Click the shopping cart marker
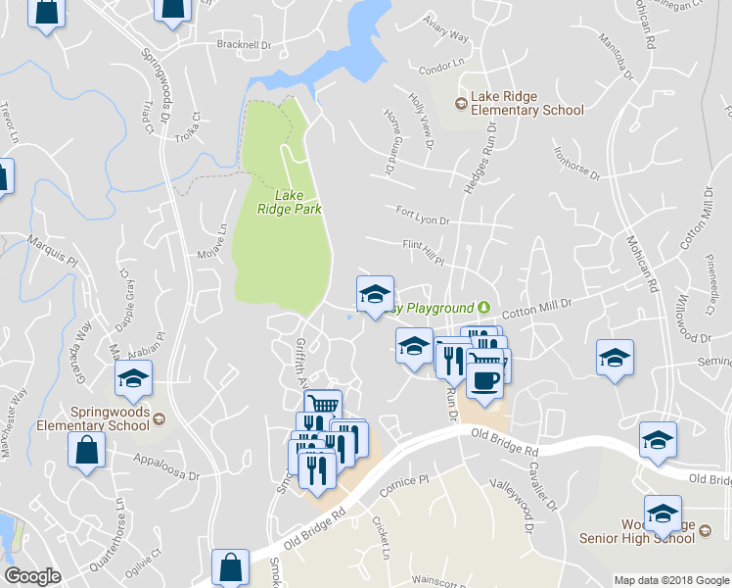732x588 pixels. click(x=322, y=405)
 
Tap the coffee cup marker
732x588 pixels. click(x=484, y=379)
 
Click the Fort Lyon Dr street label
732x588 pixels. click(x=422, y=220)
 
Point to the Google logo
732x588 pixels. click(x=32, y=576)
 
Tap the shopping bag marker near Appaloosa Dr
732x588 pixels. click(x=86, y=450)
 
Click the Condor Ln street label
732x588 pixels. click(x=441, y=66)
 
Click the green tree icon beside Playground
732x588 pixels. click(x=482, y=308)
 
